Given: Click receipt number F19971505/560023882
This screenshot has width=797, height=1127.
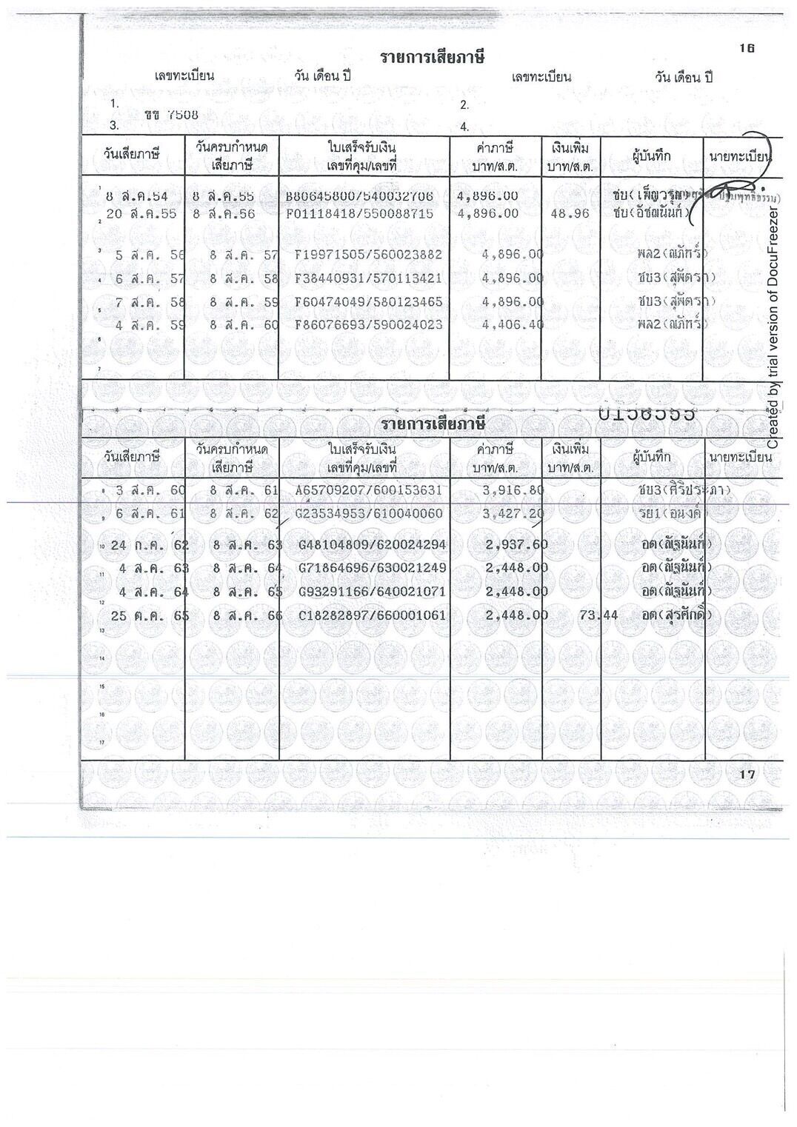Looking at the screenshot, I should pyautogui.click(x=368, y=255).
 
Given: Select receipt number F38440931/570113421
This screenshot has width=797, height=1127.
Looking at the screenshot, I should pyautogui.click(x=368, y=278).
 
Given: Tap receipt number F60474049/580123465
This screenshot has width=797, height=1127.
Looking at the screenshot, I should pyautogui.click(x=368, y=302).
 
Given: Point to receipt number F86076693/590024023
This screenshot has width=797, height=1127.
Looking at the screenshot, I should pyautogui.click(x=368, y=324).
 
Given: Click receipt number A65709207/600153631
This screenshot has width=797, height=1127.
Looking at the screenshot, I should pyautogui.click(x=368, y=490).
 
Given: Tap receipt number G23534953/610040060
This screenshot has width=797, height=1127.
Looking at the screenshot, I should pyautogui.click(x=368, y=514).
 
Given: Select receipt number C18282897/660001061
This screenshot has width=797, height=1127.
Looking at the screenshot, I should pyautogui.click(x=372, y=615).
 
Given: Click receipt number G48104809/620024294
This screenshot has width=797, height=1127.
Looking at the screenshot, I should pyautogui.click(x=372, y=545).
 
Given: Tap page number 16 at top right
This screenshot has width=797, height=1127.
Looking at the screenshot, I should pyautogui.click(x=746, y=48).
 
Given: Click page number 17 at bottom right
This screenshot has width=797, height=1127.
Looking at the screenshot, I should pyautogui.click(x=746, y=775).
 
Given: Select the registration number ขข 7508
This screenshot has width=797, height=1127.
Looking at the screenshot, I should pyautogui.click(x=171, y=115).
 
